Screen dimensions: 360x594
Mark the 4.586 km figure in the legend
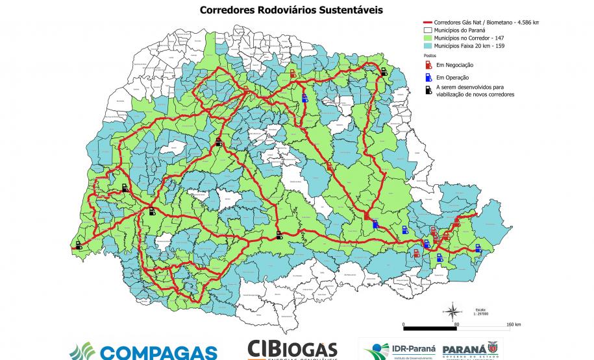526,22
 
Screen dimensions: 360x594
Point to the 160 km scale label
514,323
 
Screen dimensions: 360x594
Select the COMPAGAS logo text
156,354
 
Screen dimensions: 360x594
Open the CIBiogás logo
292,350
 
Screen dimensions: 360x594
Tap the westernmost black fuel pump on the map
79,245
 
